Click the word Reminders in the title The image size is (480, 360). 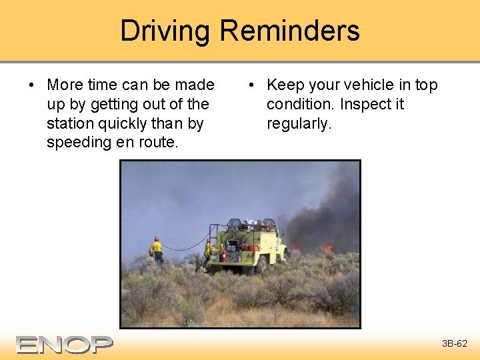click(289, 31)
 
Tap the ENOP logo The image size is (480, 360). click(65, 344)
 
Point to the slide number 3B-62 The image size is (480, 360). click(455, 344)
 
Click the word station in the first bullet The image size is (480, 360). click(69, 123)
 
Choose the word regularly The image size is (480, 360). click(299, 123)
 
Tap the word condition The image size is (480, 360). click(301, 105)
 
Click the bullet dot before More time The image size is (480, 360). click(31, 85)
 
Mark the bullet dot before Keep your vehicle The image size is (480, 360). click(251, 85)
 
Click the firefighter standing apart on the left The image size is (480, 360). click(157, 251)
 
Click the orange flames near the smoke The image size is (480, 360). click(327, 249)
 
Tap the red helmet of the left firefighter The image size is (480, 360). click(157, 238)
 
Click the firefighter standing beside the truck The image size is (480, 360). click(208, 251)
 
